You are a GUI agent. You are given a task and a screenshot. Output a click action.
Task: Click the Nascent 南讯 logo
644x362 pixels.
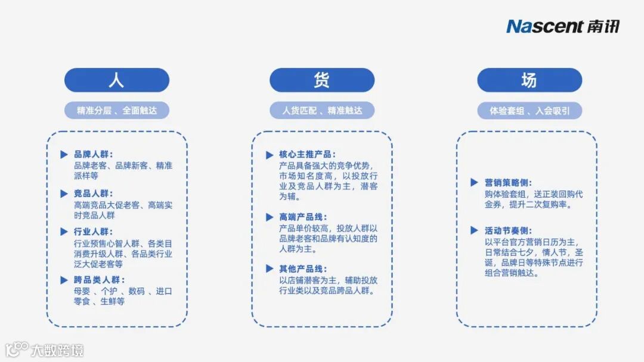click(563, 26)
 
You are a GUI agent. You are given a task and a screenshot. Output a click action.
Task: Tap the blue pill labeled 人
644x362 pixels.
click(117, 80)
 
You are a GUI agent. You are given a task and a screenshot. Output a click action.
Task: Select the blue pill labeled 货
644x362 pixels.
click(322, 80)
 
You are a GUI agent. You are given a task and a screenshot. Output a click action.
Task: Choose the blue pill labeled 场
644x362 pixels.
click(529, 80)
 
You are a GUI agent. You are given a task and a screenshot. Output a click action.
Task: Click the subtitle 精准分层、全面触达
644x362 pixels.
click(117, 111)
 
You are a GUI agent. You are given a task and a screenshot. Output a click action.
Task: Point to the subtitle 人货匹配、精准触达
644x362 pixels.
click(322, 111)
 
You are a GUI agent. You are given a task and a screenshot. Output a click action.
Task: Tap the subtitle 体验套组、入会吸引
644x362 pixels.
click(529, 111)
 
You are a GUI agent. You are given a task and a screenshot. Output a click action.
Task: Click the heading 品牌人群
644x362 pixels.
click(93, 154)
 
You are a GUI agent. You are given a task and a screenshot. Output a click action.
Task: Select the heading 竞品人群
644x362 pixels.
click(93, 194)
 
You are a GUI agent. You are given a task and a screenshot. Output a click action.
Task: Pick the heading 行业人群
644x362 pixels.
click(93, 232)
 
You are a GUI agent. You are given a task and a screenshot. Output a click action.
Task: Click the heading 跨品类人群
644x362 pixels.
click(97, 280)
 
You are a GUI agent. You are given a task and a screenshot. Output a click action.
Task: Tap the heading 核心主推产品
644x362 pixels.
click(307, 155)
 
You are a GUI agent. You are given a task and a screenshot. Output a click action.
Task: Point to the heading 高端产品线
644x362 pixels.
click(303, 217)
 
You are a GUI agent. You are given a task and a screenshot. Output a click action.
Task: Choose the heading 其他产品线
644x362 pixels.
click(303, 269)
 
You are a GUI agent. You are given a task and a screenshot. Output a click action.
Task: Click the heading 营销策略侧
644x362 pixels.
click(508, 183)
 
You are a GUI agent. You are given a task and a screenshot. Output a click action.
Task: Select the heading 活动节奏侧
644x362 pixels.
click(508, 230)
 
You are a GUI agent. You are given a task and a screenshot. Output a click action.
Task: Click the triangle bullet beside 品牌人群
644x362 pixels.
click(64, 155)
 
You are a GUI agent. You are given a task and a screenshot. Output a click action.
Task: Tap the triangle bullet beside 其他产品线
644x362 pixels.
click(270, 269)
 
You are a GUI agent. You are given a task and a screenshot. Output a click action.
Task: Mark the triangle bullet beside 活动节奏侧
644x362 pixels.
click(474, 230)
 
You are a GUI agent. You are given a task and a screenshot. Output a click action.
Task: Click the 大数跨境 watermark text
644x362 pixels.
click(57, 349)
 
